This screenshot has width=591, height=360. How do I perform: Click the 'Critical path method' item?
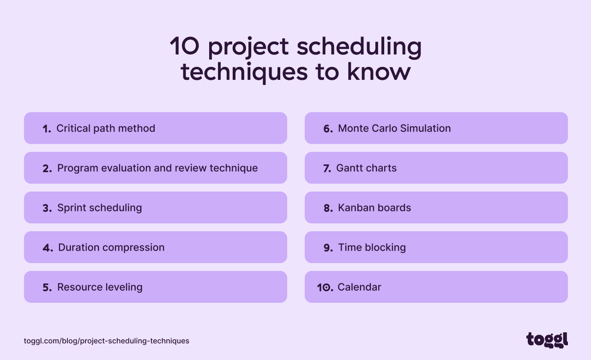[x=106, y=128]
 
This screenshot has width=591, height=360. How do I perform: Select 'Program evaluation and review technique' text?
[x=157, y=168]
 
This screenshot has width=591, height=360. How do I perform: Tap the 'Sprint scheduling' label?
[x=99, y=208]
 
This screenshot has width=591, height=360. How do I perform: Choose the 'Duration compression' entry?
[x=111, y=247]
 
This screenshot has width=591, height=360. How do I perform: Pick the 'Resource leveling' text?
[x=100, y=287]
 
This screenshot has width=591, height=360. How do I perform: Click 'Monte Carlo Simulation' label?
[x=394, y=128]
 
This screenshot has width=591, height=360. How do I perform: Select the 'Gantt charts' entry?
[x=366, y=168]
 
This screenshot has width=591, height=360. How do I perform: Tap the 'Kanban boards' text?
[x=374, y=208]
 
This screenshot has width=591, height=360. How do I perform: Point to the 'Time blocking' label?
[x=372, y=247]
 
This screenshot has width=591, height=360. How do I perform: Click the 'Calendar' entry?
[x=359, y=287]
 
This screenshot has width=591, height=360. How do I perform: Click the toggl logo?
[x=547, y=340]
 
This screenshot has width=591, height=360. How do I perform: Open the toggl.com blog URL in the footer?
[x=107, y=341]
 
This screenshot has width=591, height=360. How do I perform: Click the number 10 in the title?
[x=184, y=46]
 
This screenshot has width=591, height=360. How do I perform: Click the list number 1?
[x=47, y=129]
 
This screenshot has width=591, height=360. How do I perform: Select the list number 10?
[x=325, y=288]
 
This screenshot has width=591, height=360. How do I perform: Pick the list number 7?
[x=327, y=168]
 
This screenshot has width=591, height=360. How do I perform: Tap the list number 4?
[x=48, y=248]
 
